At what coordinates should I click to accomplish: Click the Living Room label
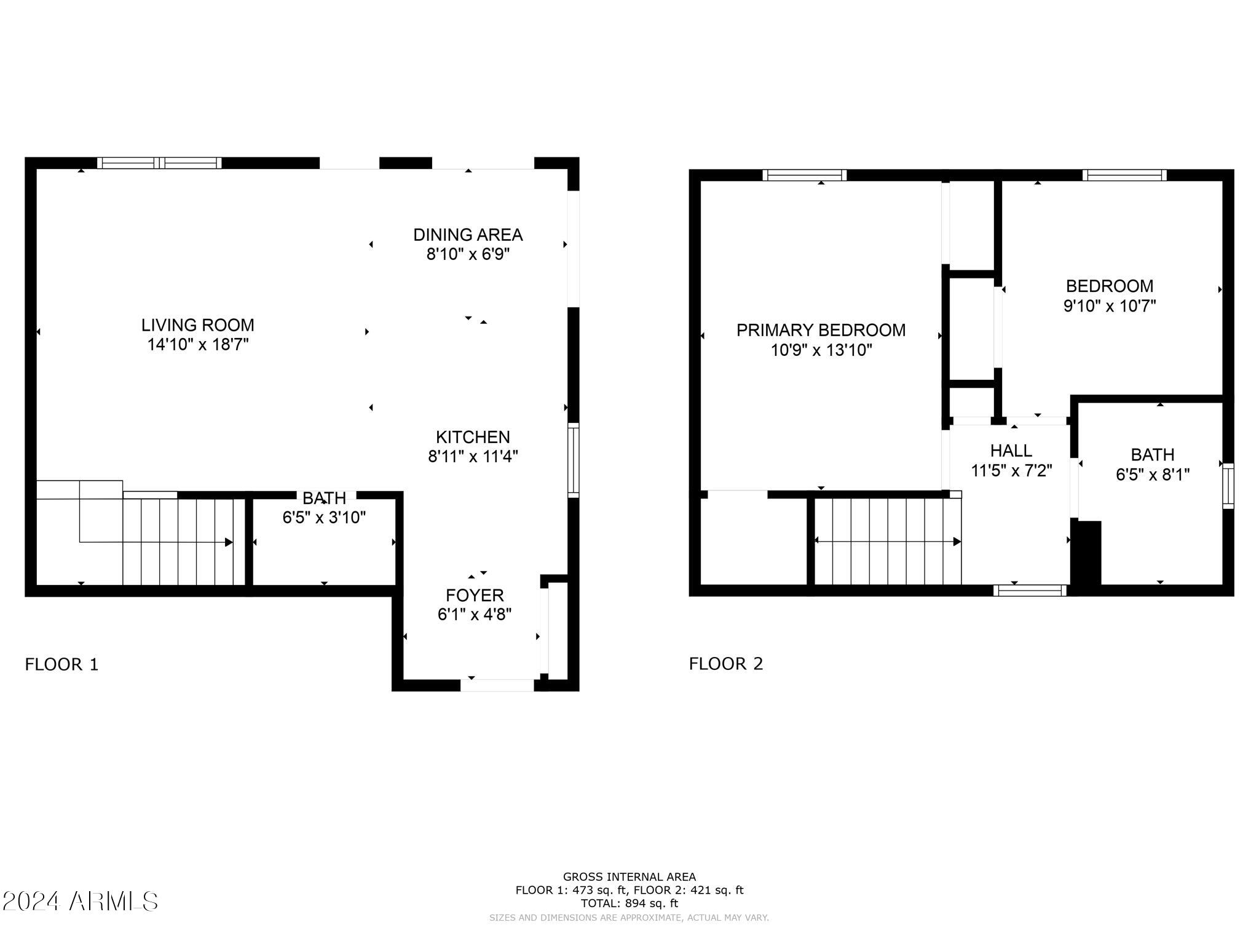pyautogui.click(x=197, y=324)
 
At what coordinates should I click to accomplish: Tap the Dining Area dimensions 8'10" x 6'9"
pyautogui.click(x=468, y=254)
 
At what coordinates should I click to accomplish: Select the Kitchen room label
pyautogui.click(x=473, y=437)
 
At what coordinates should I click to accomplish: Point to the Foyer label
pyautogui.click(x=475, y=595)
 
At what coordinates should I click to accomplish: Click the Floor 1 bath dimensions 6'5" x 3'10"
pyautogui.click(x=324, y=517)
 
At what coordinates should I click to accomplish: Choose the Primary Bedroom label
pyautogui.click(x=821, y=330)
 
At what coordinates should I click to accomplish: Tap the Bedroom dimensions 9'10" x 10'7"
pyautogui.click(x=1110, y=305)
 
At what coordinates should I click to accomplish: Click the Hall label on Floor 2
pyautogui.click(x=1011, y=450)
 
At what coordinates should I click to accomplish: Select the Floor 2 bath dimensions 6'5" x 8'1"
pyautogui.click(x=1153, y=474)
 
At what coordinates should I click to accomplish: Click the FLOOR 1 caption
pyautogui.click(x=61, y=664)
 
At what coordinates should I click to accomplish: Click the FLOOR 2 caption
pyautogui.click(x=726, y=664)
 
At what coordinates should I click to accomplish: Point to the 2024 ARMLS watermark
pyautogui.click(x=80, y=902)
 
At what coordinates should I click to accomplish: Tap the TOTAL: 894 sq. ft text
pyautogui.click(x=629, y=903)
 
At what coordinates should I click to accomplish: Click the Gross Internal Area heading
pyautogui.click(x=629, y=877)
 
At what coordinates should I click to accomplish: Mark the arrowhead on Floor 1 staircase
pyautogui.click(x=229, y=542)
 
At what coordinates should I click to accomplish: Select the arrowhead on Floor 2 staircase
pyautogui.click(x=957, y=541)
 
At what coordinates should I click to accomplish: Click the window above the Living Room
pyautogui.click(x=159, y=163)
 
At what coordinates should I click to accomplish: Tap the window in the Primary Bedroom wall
pyautogui.click(x=804, y=175)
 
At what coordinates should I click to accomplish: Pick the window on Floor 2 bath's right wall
pyautogui.click(x=1228, y=486)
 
